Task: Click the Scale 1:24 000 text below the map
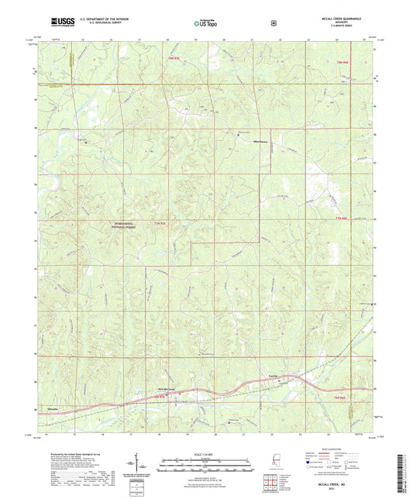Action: (x=206, y=453)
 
